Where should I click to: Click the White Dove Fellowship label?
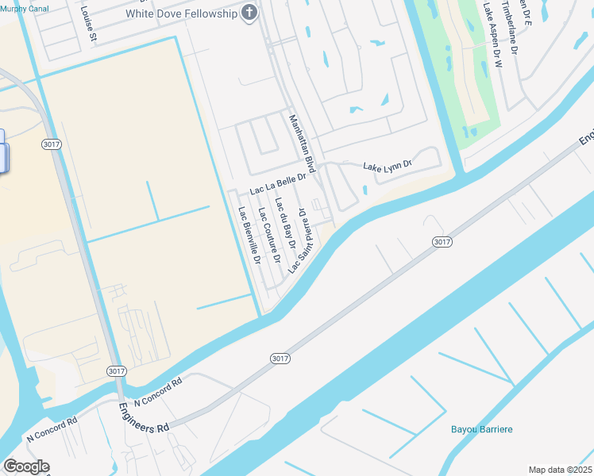click(180, 13)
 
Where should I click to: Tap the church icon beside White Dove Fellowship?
click(249, 13)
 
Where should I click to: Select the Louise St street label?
click(87, 25)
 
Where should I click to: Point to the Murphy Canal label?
click(24, 8)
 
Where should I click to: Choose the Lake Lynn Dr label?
click(388, 166)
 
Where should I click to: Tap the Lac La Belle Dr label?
click(277, 185)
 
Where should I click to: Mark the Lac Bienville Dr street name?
click(249, 235)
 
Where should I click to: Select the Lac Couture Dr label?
click(269, 236)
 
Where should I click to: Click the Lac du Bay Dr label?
click(284, 225)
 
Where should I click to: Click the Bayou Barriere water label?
click(482, 429)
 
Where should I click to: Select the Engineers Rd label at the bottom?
click(145, 416)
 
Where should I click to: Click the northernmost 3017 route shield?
click(50, 144)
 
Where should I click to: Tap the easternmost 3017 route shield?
click(442, 241)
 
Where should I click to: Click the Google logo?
click(26, 466)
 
